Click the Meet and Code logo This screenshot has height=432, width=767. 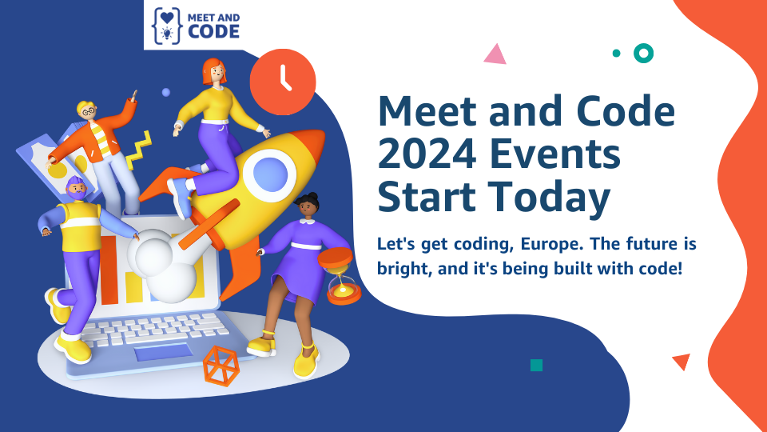click(197, 26)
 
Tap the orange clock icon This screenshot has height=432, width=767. click(283, 82)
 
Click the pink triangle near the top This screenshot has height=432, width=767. click(495, 55)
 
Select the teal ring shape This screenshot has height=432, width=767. click(644, 54)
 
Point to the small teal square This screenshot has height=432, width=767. click(537, 366)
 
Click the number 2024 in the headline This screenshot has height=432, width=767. click(427, 154)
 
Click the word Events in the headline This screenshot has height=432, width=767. click(555, 154)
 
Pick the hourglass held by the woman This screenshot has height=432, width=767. click(340, 276)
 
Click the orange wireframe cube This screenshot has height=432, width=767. click(221, 366)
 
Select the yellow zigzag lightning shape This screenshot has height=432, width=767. click(139, 150)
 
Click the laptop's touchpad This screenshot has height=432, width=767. click(163, 352)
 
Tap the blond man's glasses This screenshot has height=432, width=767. click(89, 112)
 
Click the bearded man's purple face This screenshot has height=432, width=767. click(77, 189)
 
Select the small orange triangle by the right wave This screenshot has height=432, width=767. click(682, 361)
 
